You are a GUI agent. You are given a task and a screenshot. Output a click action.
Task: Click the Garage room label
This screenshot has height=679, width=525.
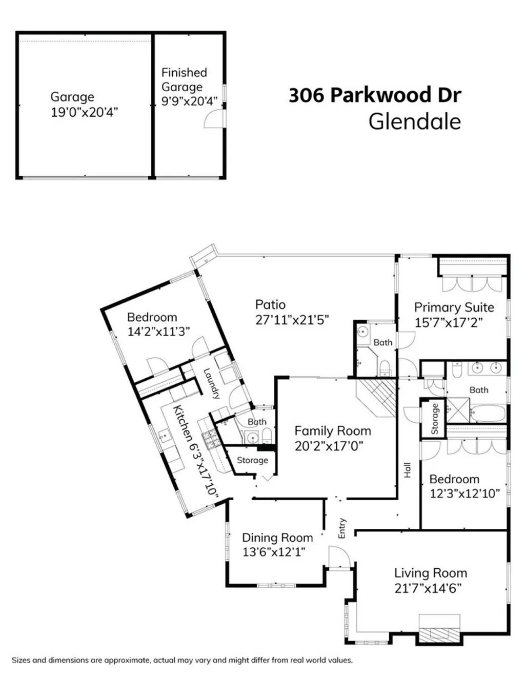coord(72,97)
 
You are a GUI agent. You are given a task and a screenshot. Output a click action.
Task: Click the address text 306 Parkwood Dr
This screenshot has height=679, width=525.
coord(375,95)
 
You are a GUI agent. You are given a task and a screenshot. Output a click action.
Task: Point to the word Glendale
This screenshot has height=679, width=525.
coord(415,122)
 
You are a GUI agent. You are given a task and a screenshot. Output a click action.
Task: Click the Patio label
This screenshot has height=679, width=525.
coord(270,304)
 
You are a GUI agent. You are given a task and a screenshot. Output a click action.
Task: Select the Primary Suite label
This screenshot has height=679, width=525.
coord(454,307)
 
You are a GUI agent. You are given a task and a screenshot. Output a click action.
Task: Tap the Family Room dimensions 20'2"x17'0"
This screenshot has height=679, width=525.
coord(329,446)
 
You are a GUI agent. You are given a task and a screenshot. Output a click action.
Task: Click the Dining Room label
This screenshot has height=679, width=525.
coord(277,538)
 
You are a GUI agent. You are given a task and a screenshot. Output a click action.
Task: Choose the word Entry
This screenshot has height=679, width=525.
coord(342,528)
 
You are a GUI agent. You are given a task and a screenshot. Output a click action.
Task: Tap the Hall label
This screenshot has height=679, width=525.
coord(408,470)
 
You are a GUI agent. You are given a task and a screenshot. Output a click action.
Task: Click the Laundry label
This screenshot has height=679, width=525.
coord(212,384)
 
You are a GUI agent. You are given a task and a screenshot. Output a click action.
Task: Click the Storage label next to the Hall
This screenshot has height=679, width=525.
coord(435,419)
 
